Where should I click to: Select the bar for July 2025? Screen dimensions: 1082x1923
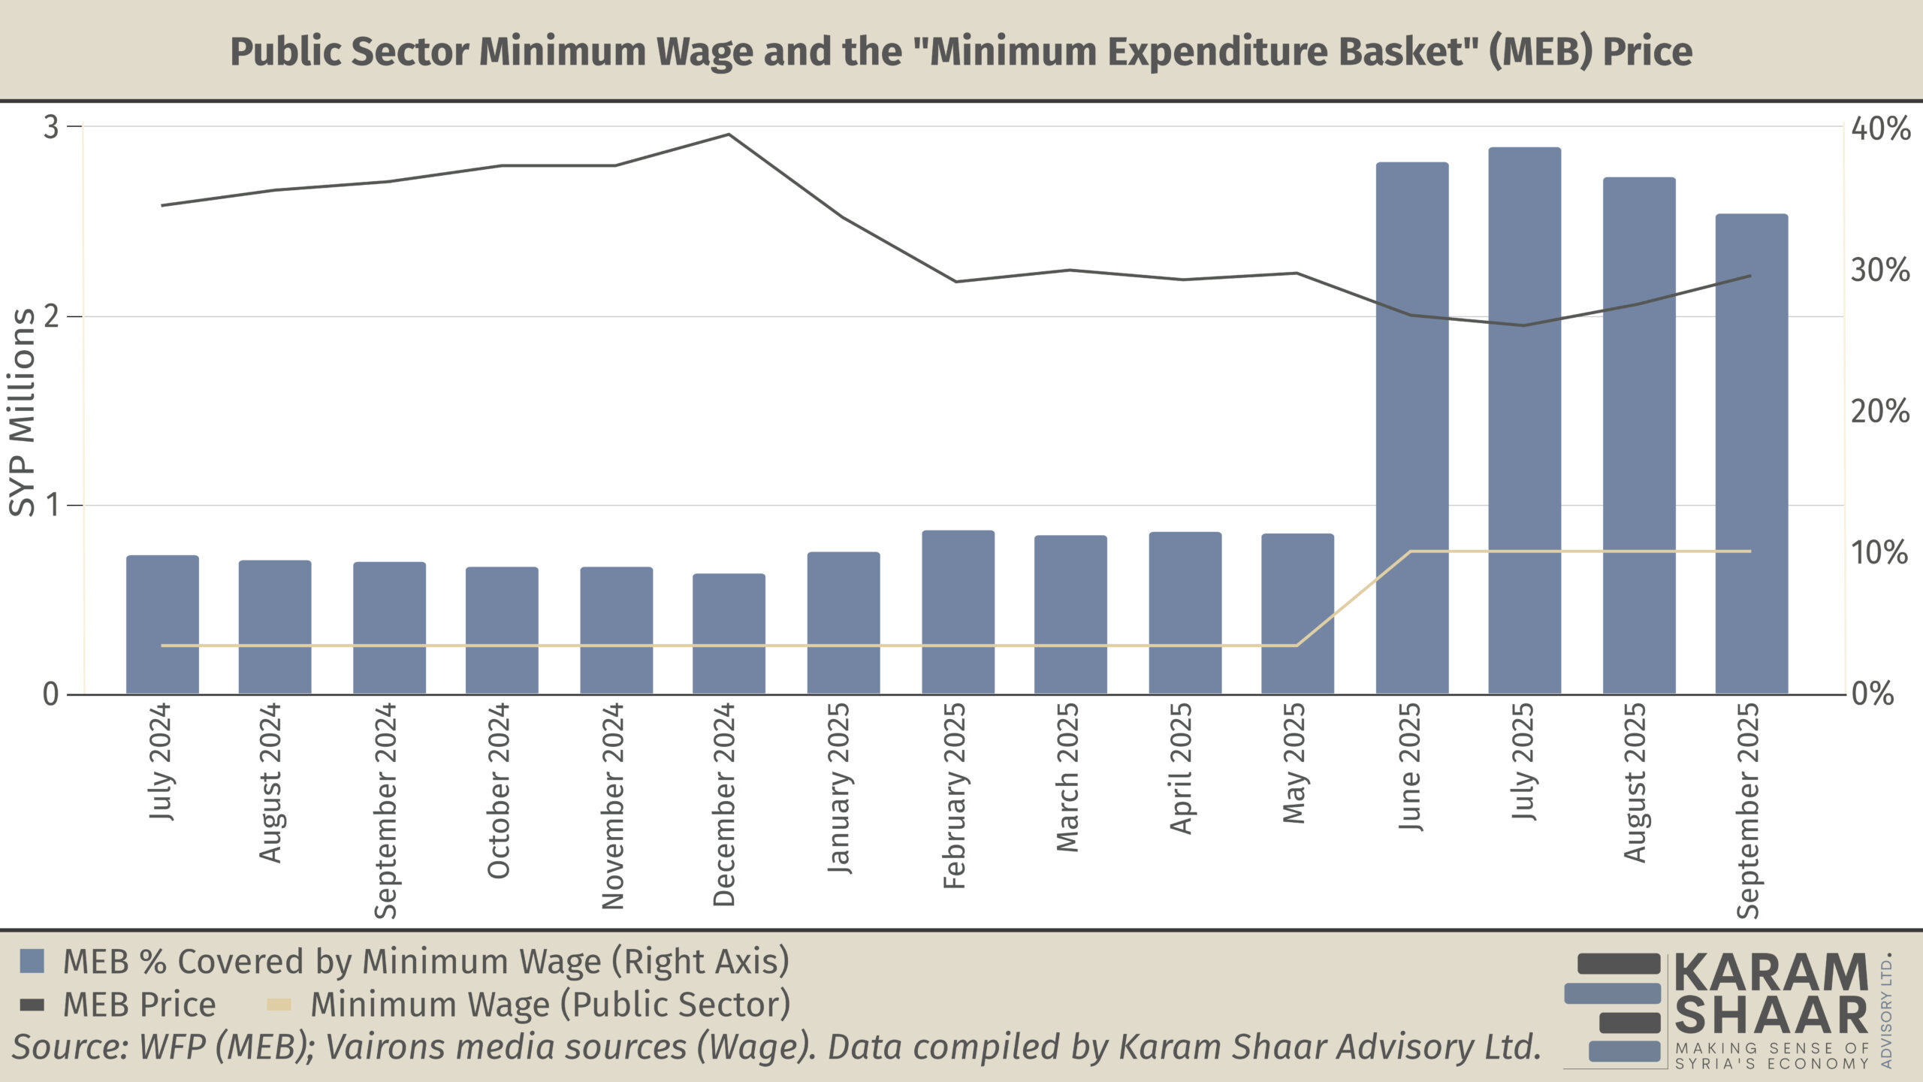tap(1524, 421)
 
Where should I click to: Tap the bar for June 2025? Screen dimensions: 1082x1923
tap(1411, 428)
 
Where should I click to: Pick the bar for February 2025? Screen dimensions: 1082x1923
tap(958, 612)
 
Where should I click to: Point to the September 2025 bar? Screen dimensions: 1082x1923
tap(1751, 454)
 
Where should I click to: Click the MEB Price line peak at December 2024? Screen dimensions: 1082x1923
tap(729, 135)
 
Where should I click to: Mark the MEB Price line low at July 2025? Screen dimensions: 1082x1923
tap(1523, 325)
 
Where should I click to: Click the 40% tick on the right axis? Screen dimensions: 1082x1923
tap(1879, 128)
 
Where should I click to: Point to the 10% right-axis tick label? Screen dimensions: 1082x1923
tap(1879, 553)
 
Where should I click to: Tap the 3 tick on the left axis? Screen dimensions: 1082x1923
tap(51, 127)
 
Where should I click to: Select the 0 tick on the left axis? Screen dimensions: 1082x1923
tap(50, 694)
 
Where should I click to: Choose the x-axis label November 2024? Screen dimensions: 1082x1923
tap(613, 805)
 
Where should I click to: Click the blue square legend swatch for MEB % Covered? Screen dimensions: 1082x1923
tap(32, 960)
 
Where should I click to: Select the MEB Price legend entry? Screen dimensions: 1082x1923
tap(138, 1005)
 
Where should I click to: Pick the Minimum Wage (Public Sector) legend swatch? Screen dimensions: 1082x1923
tap(279, 1005)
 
